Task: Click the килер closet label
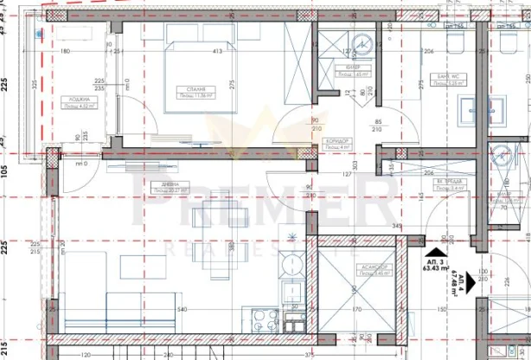pyautogui.click(x=353, y=69)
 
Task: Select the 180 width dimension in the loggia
pyautogui.click(x=65, y=52)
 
